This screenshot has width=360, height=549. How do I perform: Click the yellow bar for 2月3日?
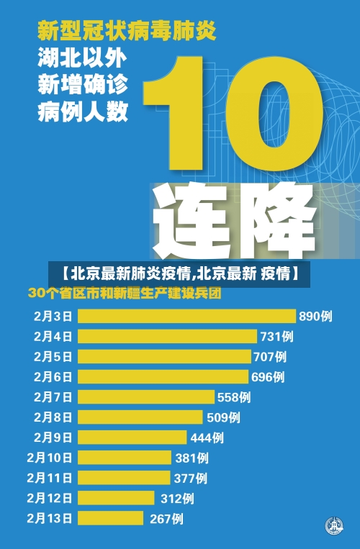click(186, 316)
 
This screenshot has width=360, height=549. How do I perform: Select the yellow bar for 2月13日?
click(111, 518)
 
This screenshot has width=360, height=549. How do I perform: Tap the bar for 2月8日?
click(140, 417)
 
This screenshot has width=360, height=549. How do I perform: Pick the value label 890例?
click(315, 316)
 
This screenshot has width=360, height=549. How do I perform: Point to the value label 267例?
click(166, 518)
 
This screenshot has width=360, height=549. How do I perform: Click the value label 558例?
click(234, 396)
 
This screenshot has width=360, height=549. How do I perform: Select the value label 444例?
click(207, 437)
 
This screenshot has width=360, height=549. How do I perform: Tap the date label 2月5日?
click(53, 356)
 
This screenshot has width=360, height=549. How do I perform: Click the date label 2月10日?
click(50, 457)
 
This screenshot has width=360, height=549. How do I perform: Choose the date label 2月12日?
click(50, 497)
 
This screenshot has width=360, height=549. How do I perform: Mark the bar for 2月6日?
click(162, 376)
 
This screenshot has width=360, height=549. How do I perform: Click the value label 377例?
click(190, 477)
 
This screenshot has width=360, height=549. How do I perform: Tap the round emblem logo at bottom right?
click(333, 526)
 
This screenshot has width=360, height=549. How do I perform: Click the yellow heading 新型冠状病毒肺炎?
click(126, 32)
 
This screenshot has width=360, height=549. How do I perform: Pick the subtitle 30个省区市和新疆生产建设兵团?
click(124, 294)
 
